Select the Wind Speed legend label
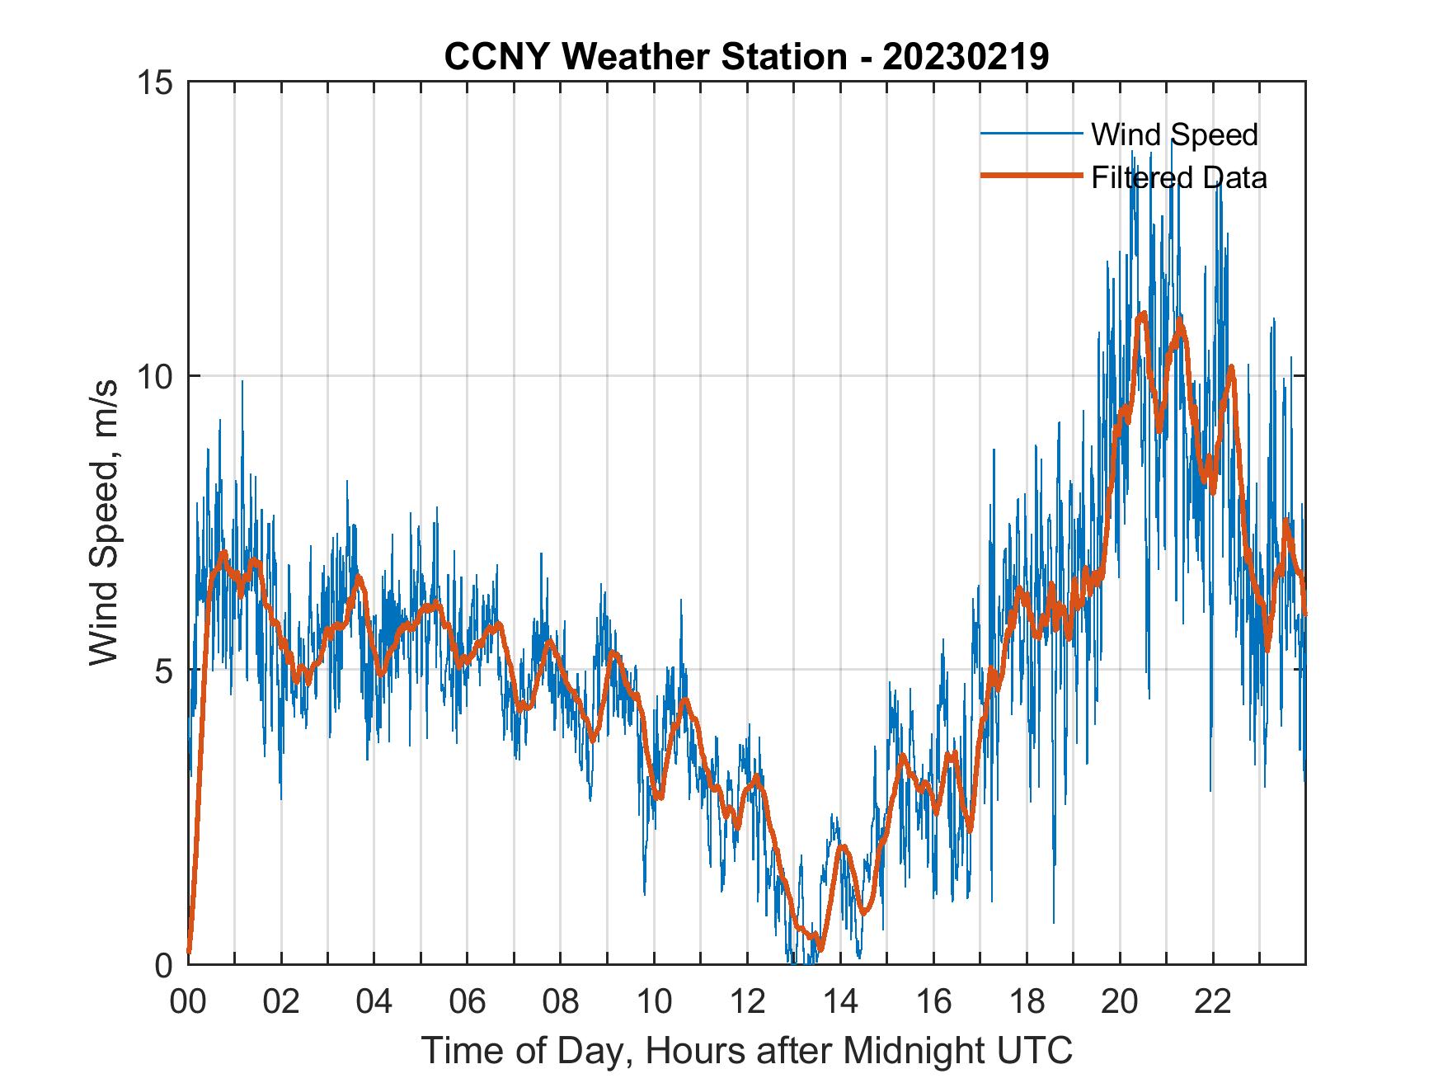[1174, 134]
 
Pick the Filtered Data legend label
[1178, 177]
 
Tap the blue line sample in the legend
[1031, 134]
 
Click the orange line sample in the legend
[1031, 176]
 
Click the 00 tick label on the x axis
[188, 1002]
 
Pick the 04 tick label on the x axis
[374, 1002]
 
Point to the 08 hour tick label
[561, 1002]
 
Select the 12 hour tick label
[747, 1002]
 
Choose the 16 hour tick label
[933, 1002]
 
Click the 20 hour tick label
[1120, 1002]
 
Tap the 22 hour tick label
[1213, 1002]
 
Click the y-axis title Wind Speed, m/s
[104, 523]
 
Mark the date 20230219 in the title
[966, 57]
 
